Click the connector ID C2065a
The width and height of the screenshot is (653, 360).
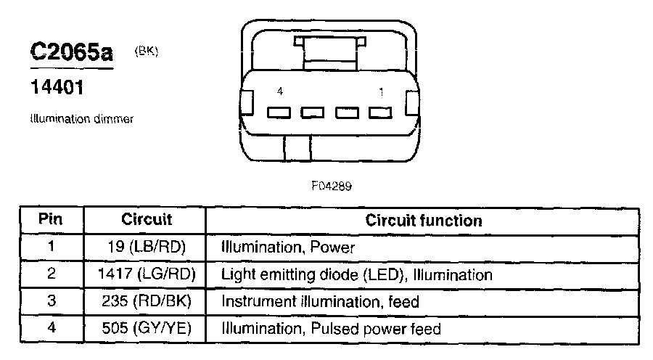coord(71,54)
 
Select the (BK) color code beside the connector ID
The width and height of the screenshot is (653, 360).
coord(146,51)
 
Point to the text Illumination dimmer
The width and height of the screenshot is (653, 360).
coord(81,119)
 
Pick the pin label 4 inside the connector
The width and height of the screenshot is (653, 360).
coord(279,91)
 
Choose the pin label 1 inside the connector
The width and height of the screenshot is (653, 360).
coord(380,91)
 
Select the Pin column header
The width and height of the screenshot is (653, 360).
coord(52,220)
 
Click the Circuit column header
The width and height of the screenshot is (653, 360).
coord(146,220)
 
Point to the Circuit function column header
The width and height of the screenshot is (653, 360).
coord(423,220)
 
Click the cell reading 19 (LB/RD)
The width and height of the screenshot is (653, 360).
coord(146,247)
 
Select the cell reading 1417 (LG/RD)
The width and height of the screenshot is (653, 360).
coord(146,275)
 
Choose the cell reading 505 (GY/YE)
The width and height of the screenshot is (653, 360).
coord(146,329)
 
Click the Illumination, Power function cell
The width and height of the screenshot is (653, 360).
coord(288,247)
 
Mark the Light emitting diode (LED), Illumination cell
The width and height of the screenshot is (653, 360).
coord(356,275)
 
